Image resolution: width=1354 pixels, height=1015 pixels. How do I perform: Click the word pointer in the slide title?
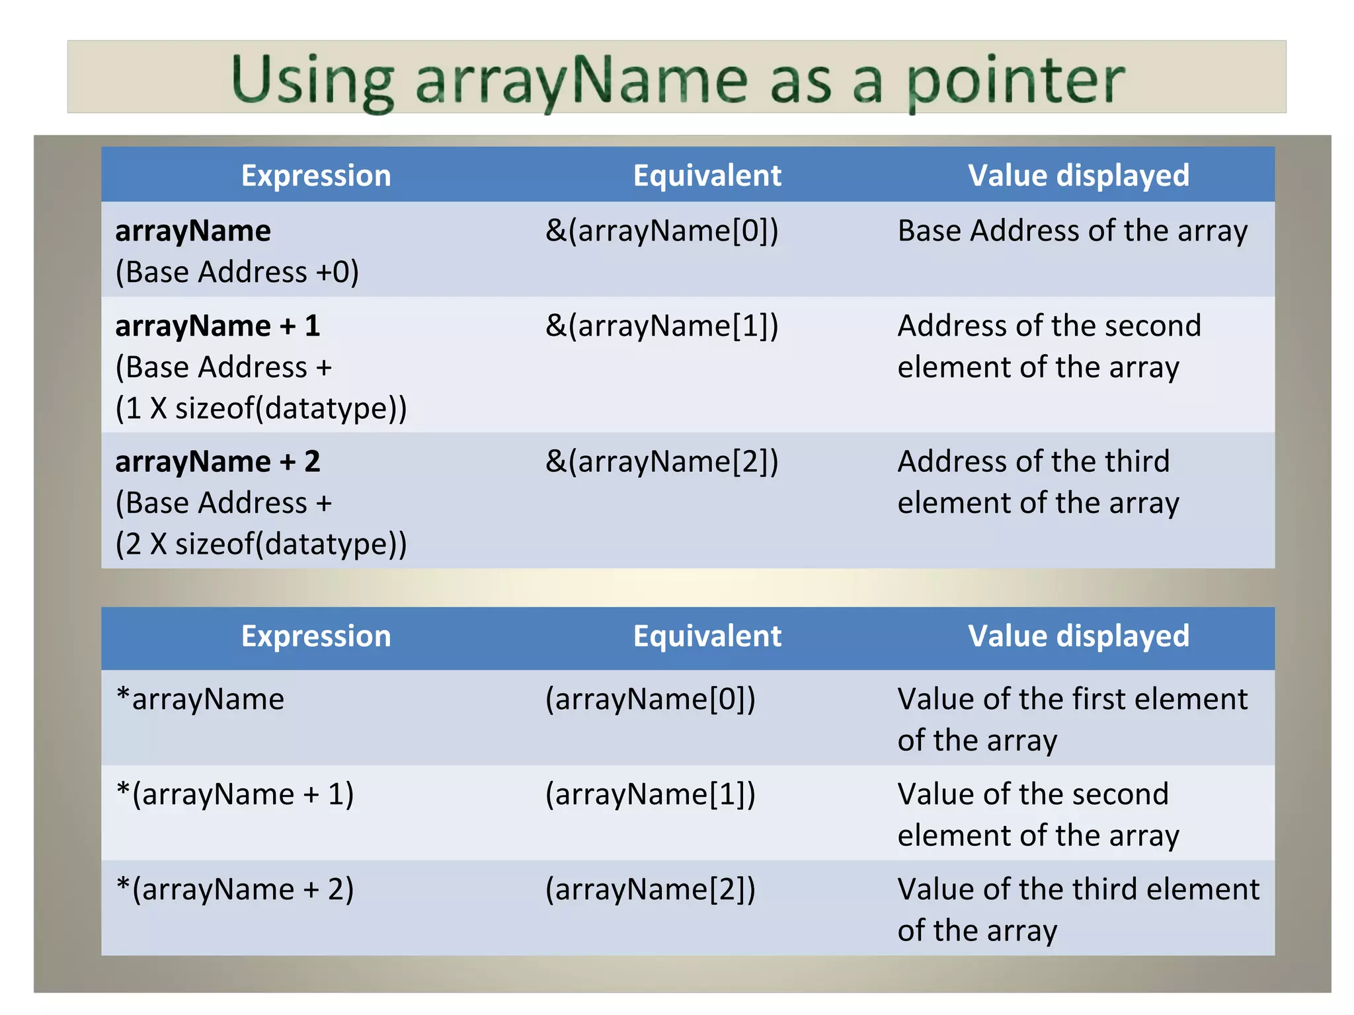click(1015, 81)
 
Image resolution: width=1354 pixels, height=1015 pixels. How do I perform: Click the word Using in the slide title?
click(313, 81)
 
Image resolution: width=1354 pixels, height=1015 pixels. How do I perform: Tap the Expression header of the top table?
click(316, 176)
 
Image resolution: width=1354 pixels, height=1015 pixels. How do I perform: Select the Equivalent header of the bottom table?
click(707, 636)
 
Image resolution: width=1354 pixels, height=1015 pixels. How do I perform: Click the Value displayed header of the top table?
click(1078, 176)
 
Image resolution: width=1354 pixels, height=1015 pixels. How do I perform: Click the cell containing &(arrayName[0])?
click(662, 231)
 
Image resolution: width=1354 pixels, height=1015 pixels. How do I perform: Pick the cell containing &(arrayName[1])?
click(662, 326)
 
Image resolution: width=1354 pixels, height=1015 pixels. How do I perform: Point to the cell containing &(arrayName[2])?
click(662, 462)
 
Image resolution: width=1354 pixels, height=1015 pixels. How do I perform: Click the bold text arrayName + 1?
click(218, 326)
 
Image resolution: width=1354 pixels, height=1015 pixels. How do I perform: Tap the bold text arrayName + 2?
click(218, 462)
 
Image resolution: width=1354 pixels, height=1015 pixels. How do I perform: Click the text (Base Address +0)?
click(237, 272)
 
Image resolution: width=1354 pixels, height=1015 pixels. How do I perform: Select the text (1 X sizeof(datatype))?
click(260, 408)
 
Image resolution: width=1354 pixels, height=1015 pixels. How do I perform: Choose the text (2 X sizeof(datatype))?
click(260, 545)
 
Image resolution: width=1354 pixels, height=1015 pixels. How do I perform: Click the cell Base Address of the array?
click(1072, 231)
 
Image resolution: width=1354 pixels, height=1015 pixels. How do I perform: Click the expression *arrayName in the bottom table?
click(200, 699)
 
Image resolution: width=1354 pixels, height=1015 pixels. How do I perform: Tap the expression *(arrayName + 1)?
click(235, 794)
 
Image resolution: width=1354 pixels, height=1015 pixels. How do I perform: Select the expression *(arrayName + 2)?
click(235, 889)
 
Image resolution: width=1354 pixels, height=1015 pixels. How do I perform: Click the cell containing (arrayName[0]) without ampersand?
click(650, 699)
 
